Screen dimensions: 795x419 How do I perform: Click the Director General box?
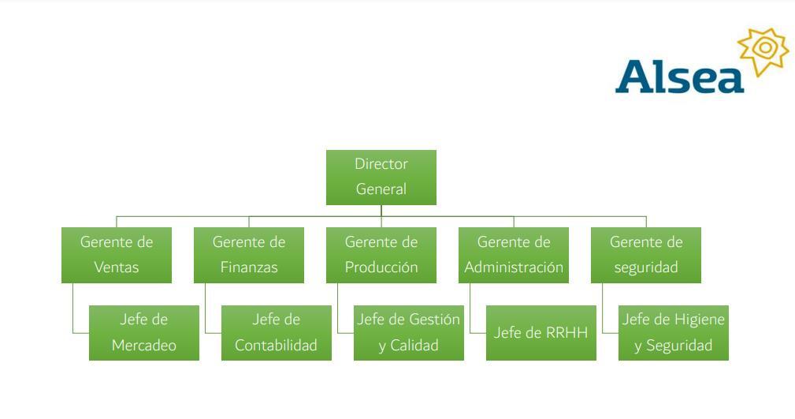381,177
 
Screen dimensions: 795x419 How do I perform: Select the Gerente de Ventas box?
117,254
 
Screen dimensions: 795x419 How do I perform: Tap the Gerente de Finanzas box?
249,254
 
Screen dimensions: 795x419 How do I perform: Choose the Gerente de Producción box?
381,254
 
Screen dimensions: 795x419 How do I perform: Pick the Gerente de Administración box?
514,254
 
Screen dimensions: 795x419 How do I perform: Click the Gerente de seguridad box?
646,254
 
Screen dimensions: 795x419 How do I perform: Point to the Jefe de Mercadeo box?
144,332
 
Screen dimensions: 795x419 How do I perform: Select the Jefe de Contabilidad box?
277,332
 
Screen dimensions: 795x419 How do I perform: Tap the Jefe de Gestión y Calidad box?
408,332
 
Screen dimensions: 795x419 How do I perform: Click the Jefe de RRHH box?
541,332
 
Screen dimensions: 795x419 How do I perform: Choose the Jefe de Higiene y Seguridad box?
674,332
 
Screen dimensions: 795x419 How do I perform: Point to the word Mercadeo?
144,346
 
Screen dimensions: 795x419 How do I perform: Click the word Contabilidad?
277,346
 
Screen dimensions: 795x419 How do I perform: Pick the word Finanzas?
249,267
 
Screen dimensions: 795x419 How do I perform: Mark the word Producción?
381,267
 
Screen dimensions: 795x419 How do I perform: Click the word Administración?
514,267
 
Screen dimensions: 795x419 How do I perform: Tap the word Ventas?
117,267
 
